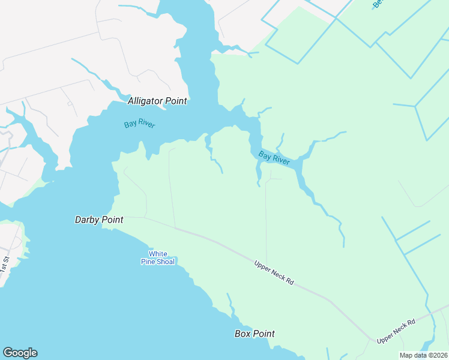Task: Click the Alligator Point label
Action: pos(157,101)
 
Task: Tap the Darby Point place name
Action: pos(99,220)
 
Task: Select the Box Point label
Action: pos(255,334)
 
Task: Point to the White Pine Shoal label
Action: pos(158,257)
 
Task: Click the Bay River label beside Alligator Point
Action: pos(140,124)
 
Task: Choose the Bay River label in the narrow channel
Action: pos(274,158)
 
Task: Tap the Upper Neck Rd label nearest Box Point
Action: pos(274,272)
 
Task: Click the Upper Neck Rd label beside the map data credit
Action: pos(396,331)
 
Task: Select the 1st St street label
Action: pos(5,265)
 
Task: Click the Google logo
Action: pos(20,353)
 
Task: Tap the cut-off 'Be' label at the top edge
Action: pos(377,4)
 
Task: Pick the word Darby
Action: pos(87,220)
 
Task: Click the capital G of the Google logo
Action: pos(8,353)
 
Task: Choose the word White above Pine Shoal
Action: pos(158,254)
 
